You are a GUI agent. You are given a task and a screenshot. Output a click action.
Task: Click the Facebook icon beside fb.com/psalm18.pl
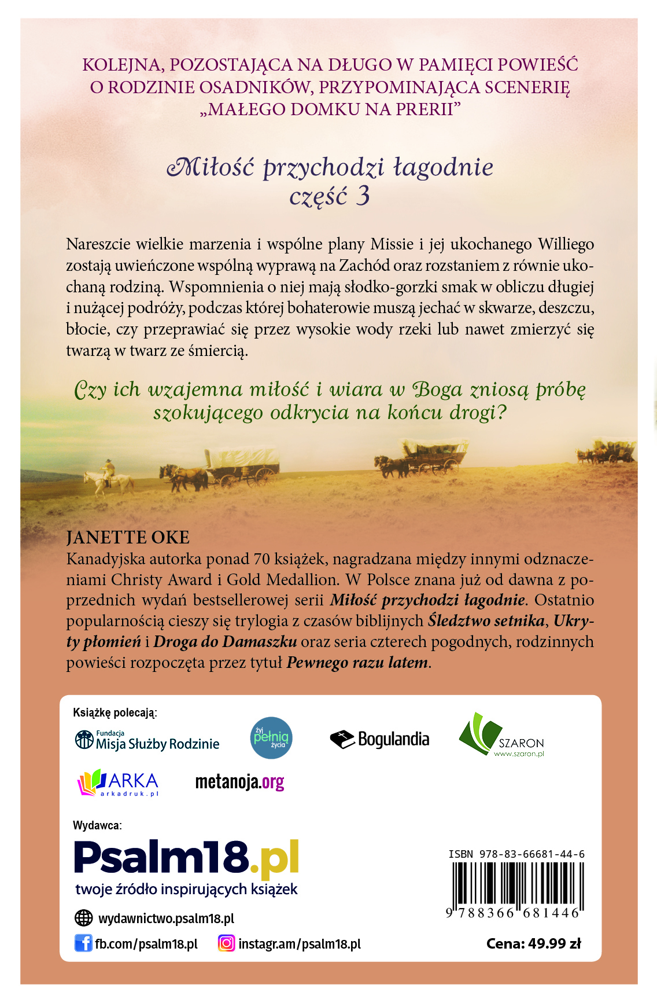coord(83,943)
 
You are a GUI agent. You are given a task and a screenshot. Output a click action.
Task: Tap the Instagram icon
coord(227,943)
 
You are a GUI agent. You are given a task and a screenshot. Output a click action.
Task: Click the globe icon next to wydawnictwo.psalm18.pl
coord(84,918)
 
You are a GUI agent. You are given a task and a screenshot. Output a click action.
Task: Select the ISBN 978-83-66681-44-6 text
coord(516,854)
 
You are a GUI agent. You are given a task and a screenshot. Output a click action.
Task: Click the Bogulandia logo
coord(379,739)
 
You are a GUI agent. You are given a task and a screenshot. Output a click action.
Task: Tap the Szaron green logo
coord(501,736)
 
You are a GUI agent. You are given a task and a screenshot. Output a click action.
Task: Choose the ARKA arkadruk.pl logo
coord(118,782)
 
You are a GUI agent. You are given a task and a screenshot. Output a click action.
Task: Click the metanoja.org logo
coord(239,782)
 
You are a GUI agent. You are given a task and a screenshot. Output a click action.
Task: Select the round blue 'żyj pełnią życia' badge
coord(272,738)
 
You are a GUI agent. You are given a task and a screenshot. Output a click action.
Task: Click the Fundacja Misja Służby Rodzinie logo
coord(147,740)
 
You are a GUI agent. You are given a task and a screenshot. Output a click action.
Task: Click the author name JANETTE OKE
coord(128,538)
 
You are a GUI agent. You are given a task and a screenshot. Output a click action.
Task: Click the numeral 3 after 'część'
coord(363,196)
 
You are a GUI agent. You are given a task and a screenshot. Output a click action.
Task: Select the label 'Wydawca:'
coord(97,825)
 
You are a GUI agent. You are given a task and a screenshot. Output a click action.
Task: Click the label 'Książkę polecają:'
coord(115,712)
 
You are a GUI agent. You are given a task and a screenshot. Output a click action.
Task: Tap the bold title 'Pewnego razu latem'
coord(357,662)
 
